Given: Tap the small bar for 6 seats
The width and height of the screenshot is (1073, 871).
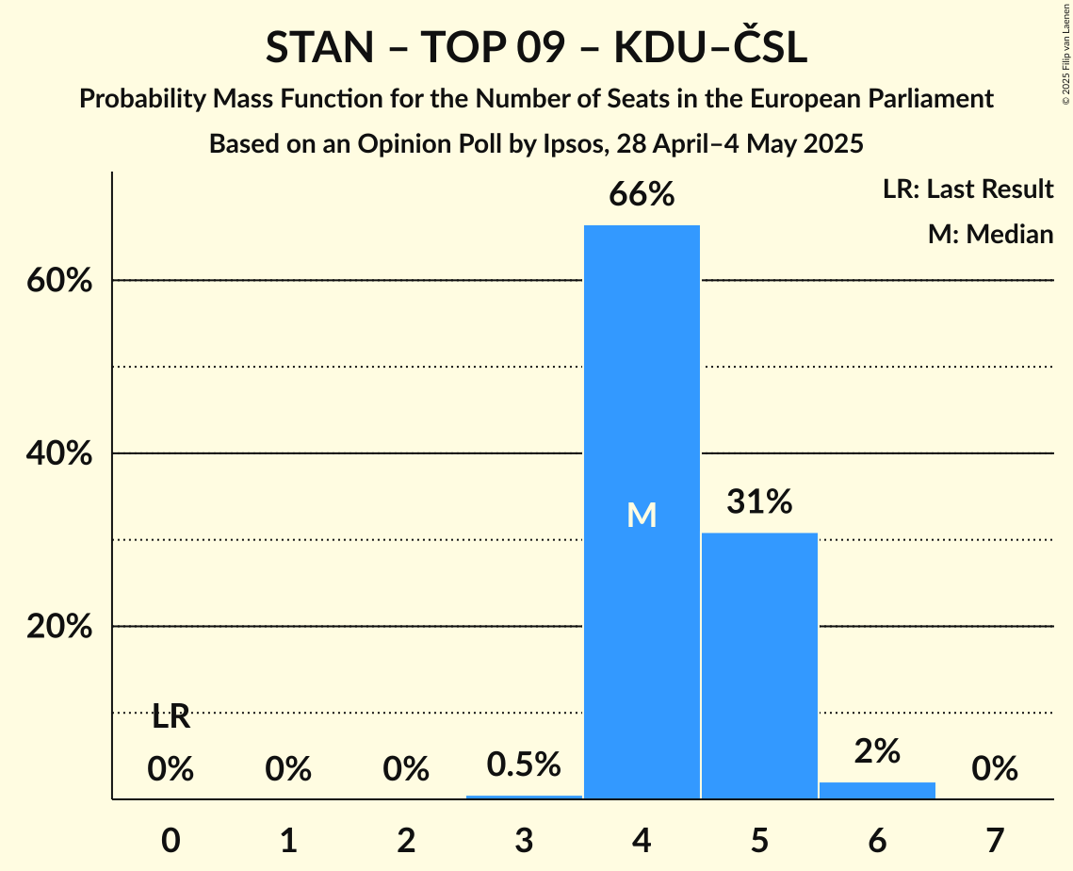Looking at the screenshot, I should (877, 790).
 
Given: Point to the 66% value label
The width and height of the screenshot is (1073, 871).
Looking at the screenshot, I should (642, 195).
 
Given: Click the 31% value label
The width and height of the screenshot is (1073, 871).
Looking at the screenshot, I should (759, 502).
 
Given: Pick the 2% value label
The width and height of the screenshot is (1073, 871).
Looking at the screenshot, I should (877, 751).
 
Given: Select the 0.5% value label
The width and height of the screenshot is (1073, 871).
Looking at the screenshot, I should (524, 764).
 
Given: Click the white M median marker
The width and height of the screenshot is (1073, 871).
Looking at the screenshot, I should (642, 515).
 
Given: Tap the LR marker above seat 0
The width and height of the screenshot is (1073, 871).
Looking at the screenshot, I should (171, 717).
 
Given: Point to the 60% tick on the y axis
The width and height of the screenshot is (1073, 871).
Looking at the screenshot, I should (59, 281).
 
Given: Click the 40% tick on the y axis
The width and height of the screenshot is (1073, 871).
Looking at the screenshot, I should (59, 453).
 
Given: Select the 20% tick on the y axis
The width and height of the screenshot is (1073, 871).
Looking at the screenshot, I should (59, 627).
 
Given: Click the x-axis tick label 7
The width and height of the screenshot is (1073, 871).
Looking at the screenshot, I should (995, 839).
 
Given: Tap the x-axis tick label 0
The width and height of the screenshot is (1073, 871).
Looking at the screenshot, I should (171, 839).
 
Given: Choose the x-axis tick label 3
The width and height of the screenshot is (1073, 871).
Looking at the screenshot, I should (524, 839).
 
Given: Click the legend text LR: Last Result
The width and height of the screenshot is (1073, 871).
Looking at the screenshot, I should (967, 189).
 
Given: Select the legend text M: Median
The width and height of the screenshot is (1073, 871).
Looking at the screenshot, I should (990, 234).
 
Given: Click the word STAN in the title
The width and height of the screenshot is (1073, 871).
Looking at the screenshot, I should (319, 48).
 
